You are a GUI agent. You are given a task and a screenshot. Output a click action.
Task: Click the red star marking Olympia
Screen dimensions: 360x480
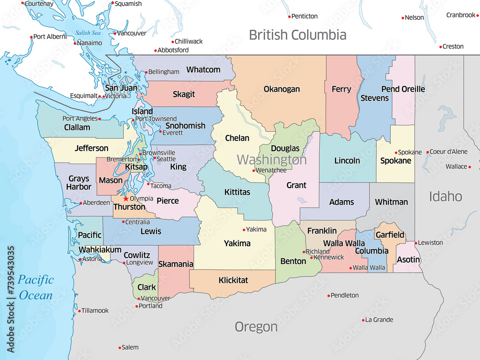click(x=126, y=199)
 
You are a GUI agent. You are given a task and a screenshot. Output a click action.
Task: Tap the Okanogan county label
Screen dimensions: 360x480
click(x=282, y=89)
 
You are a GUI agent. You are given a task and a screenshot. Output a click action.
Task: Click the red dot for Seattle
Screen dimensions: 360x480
click(x=155, y=158)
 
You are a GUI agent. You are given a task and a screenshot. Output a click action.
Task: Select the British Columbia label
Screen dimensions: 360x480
click(x=297, y=35)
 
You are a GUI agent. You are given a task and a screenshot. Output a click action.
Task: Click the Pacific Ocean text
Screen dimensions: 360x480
click(x=36, y=287)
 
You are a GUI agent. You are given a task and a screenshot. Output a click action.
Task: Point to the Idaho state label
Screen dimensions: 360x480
click(x=445, y=196)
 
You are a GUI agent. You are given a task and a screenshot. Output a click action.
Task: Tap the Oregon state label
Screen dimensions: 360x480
click(x=256, y=327)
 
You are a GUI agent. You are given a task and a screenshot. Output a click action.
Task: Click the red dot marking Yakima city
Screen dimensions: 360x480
click(x=244, y=230)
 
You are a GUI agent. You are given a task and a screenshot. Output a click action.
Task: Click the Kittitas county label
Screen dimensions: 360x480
click(x=237, y=192)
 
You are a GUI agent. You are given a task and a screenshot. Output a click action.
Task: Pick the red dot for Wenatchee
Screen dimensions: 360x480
click(x=254, y=170)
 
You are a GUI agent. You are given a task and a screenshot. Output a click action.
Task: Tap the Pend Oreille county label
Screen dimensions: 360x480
click(x=403, y=89)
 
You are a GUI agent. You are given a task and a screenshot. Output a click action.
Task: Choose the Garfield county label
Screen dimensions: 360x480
click(x=390, y=235)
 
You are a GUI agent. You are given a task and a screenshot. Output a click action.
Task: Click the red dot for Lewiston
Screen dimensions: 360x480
click(x=416, y=243)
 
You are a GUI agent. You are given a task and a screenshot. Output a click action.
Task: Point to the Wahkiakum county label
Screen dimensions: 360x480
click(x=100, y=250)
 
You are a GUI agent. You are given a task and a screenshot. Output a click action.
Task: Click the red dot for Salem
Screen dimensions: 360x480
click(x=120, y=348)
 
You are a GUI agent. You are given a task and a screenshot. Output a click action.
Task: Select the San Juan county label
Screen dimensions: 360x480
click(x=121, y=88)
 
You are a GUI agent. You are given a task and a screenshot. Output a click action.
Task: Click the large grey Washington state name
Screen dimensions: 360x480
click(x=272, y=159)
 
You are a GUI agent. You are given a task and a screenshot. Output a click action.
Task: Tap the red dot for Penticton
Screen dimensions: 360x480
click(x=289, y=16)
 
